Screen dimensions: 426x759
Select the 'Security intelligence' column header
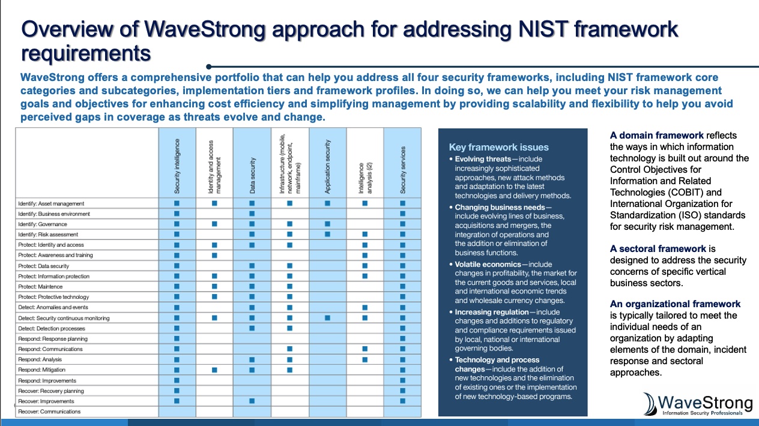(177, 170)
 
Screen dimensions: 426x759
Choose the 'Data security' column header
(252, 175)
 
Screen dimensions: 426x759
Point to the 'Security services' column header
(402, 170)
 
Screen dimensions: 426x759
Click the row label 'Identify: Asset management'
(51, 203)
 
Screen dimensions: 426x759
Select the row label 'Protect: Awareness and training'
(55, 255)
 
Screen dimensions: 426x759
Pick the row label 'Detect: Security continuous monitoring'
(64, 318)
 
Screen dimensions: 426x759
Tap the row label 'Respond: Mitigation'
(42, 370)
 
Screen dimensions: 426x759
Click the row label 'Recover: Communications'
(49, 412)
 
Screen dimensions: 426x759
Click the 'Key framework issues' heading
(498, 147)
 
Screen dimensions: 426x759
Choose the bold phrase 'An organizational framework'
(675, 304)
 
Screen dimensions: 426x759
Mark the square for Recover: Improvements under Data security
(252, 401)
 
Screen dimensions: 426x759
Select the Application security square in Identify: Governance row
(327, 224)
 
